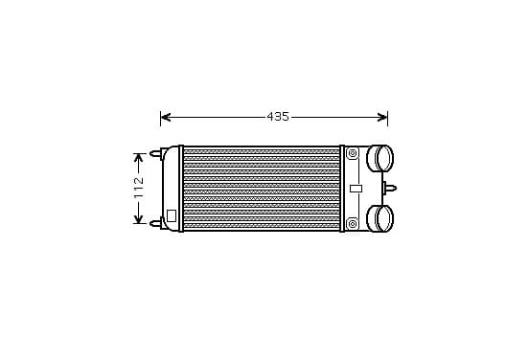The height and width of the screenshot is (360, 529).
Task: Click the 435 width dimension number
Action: (278, 117)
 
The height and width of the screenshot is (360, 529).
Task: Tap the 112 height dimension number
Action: (139, 188)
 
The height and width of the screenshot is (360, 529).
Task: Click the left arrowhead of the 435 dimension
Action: (165, 118)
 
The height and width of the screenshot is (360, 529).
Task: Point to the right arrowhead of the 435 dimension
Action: (382, 118)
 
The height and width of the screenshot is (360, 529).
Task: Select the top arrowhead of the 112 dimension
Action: (139, 158)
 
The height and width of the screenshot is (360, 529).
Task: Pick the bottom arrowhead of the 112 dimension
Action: (139, 219)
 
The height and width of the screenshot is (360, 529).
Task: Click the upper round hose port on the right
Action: (379, 158)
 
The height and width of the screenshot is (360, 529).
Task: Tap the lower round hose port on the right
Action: (379, 218)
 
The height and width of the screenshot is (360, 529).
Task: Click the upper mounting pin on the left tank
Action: (156, 154)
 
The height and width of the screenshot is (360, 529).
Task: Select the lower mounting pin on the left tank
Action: (156, 223)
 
